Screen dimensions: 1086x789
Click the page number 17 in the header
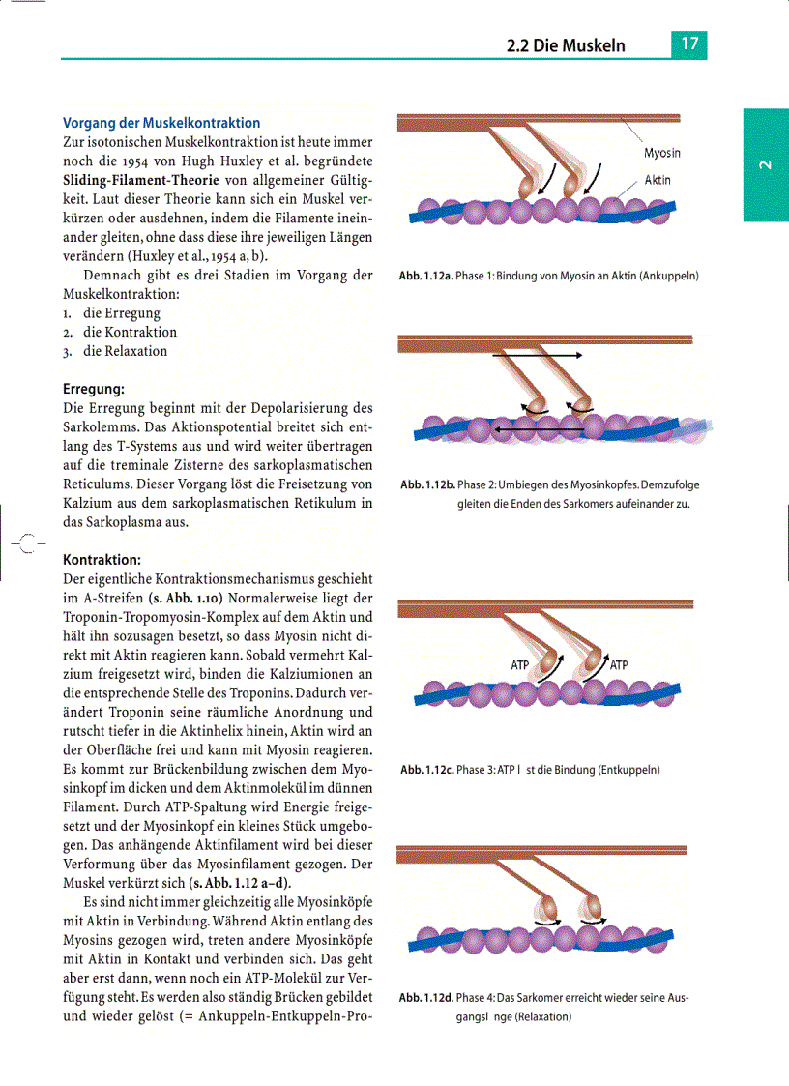(688, 44)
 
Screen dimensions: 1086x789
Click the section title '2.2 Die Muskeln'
(566, 45)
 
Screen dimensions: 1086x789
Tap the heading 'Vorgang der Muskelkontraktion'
(161, 123)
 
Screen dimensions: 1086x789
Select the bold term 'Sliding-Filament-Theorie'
(138, 179)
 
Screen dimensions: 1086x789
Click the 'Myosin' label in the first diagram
(662, 153)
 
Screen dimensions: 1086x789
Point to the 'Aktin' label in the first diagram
(657, 180)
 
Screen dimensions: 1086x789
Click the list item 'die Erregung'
(122, 313)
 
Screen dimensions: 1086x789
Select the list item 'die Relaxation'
(125, 351)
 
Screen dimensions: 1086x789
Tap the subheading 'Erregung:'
(94, 389)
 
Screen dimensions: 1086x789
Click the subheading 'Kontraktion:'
(102, 559)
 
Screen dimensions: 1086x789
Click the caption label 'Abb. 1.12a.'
(425, 277)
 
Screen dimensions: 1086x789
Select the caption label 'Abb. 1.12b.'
(426, 484)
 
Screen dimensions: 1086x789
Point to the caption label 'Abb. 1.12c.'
(426, 771)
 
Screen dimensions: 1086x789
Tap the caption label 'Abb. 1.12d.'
(426, 998)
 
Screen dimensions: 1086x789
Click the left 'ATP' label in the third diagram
(520, 665)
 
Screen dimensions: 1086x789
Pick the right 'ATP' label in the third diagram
(619, 665)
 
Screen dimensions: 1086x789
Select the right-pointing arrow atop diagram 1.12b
(537, 356)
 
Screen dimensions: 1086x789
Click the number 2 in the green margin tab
(765, 165)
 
